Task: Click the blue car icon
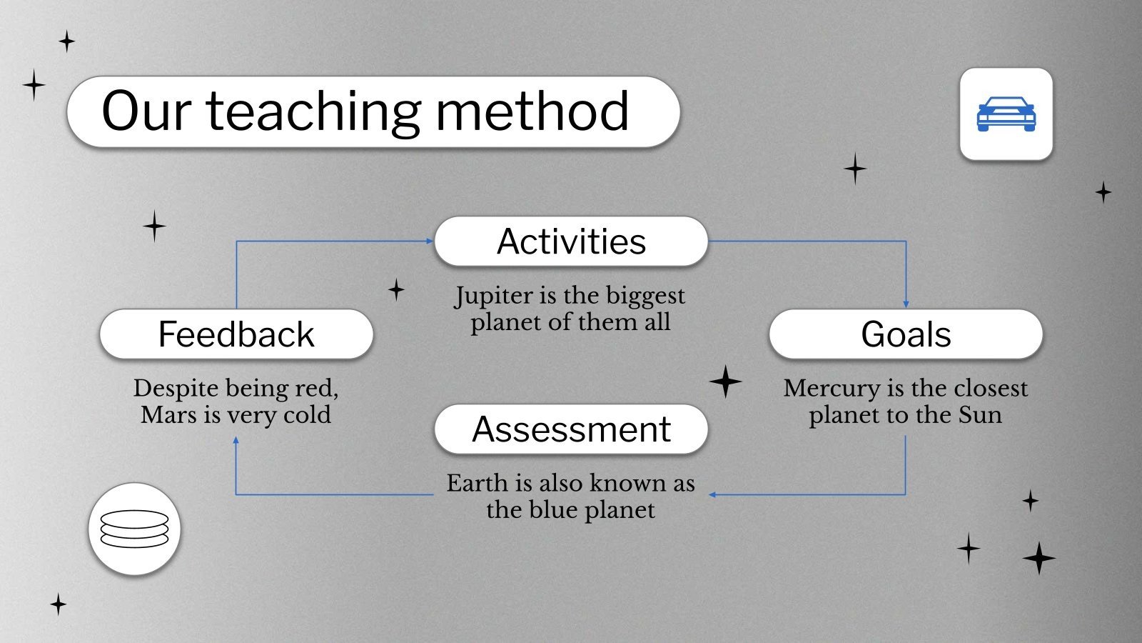pos(1006,114)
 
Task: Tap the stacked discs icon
pos(135,529)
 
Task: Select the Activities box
pos(571,241)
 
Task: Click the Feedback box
pos(236,334)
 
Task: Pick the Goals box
pos(906,334)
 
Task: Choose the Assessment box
pos(571,429)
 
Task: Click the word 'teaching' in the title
pos(313,111)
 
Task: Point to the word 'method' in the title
pos(532,111)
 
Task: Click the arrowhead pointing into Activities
pos(430,241)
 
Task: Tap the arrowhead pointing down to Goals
pos(906,304)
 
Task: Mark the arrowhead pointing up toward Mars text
pos(236,440)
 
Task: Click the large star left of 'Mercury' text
pos(725,382)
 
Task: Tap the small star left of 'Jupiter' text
pos(396,290)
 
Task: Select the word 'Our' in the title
pos(146,111)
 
